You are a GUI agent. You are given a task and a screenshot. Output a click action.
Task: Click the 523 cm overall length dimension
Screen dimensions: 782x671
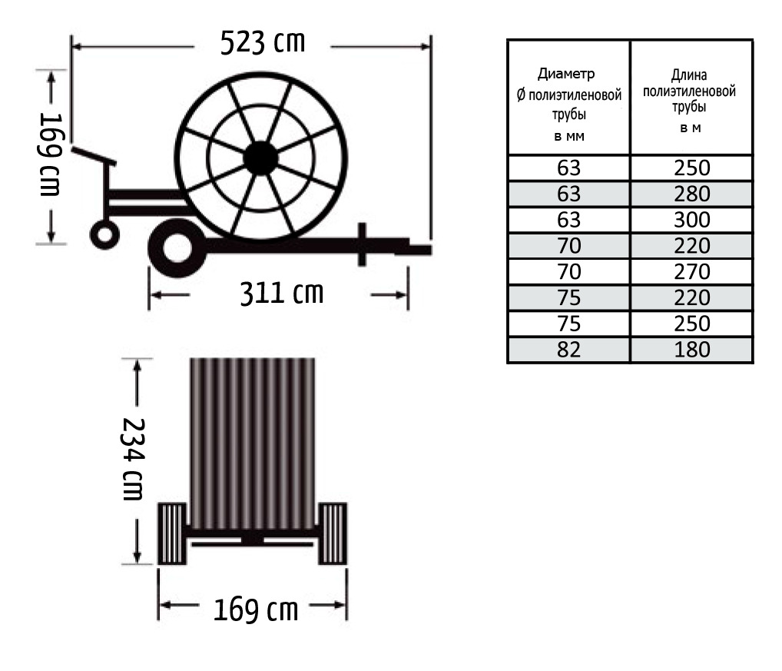point(263,42)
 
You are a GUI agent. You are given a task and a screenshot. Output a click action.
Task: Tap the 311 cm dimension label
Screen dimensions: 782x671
point(282,293)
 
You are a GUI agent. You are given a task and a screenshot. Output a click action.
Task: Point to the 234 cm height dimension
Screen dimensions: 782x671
point(133,459)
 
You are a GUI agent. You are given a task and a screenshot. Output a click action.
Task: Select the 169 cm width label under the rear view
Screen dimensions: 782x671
point(256,610)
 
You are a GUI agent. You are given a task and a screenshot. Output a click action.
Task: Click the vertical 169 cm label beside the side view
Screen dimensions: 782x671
point(51,154)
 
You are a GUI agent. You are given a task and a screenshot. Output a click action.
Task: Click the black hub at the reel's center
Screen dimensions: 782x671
point(260,158)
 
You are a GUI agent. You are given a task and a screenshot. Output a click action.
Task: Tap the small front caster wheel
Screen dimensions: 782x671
point(104,234)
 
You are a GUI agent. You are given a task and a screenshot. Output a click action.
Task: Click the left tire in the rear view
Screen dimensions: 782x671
point(172,533)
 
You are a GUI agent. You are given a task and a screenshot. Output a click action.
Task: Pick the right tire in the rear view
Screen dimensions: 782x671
point(333,533)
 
